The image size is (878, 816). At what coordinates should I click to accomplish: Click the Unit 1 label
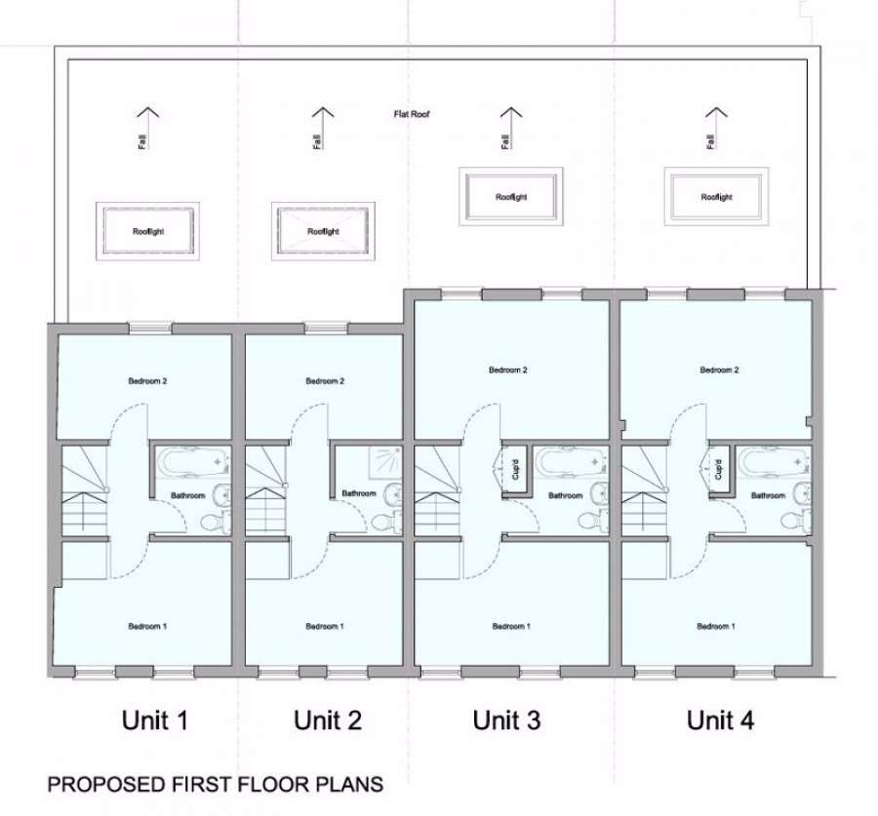tap(154, 719)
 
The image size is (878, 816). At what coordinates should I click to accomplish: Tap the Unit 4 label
tap(720, 719)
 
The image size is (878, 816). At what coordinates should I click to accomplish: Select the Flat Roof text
tap(412, 114)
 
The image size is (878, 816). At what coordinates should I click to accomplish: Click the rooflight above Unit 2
tap(323, 231)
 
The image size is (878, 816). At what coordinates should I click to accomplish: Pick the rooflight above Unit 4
tap(716, 197)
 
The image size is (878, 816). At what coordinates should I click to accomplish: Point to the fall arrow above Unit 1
tap(148, 128)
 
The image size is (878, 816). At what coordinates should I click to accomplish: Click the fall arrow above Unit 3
tap(510, 128)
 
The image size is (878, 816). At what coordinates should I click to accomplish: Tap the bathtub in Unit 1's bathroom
tap(194, 462)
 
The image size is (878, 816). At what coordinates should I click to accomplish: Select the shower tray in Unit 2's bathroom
tap(385, 463)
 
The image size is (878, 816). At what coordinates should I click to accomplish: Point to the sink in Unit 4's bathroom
tap(804, 492)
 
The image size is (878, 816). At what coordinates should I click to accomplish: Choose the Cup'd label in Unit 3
tap(516, 469)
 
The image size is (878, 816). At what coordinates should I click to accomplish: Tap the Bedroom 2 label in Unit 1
tap(148, 381)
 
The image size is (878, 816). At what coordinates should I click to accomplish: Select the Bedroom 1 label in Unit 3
tap(511, 626)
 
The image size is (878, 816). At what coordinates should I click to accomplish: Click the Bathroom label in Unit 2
tap(359, 493)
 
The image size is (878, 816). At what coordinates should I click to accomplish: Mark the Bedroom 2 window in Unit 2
tap(326, 328)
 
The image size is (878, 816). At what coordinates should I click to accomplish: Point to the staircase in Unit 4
tap(644, 490)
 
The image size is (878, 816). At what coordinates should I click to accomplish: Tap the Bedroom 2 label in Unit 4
tap(719, 369)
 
